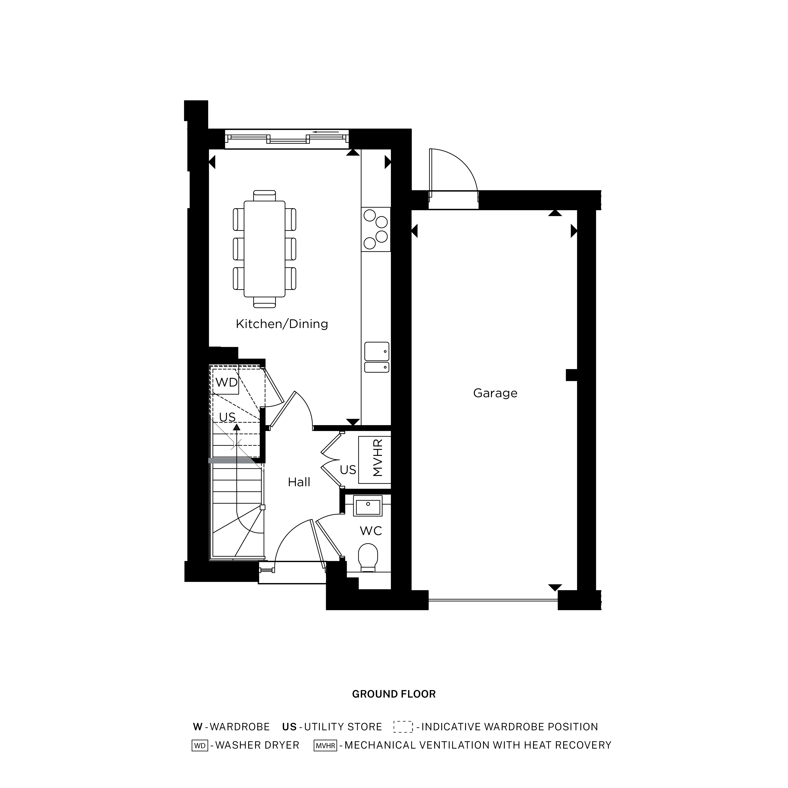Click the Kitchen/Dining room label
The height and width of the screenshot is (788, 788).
282,324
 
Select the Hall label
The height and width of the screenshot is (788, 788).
299,482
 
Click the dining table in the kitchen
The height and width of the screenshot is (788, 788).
264,249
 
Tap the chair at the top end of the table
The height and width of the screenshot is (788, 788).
264,196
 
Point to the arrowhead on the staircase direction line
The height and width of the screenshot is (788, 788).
237,427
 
